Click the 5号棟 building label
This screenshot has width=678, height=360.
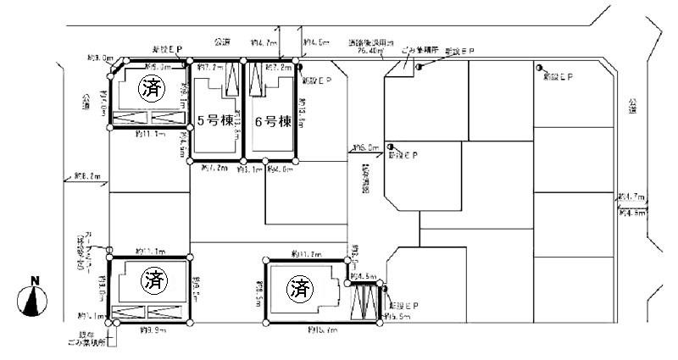pos(214,119)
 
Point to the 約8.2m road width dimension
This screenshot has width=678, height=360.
pos(86,176)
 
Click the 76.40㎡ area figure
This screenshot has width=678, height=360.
pos(370,51)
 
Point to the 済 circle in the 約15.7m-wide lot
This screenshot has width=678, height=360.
pos(298,289)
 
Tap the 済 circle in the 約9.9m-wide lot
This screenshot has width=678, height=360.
pos(153,276)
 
